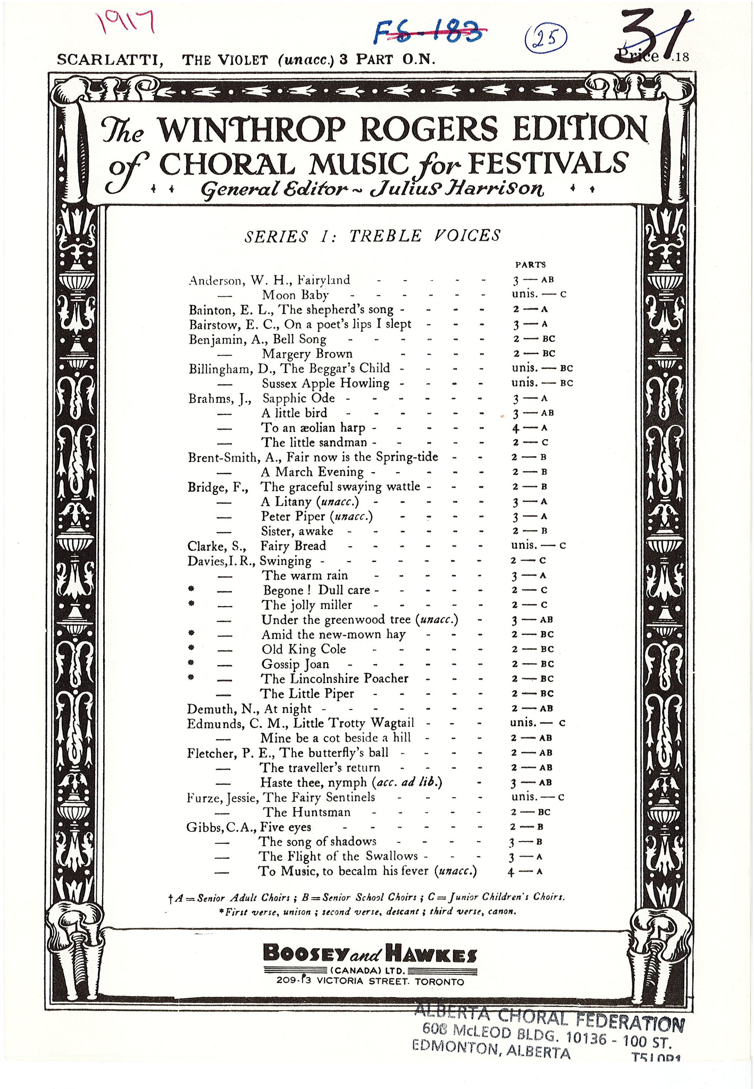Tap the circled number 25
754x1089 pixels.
click(546, 38)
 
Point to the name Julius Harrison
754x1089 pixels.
click(456, 189)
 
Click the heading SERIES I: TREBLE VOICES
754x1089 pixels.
click(372, 236)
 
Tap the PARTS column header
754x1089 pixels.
click(530, 264)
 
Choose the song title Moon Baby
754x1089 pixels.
click(295, 295)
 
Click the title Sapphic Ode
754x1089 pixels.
click(299, 398)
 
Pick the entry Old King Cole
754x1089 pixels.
click(304, 649)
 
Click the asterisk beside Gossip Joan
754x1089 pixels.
click(191, 663)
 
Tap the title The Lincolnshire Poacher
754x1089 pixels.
click(334, 678)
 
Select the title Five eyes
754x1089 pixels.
click(286, 827)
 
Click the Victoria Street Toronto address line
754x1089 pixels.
click(370, 981)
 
